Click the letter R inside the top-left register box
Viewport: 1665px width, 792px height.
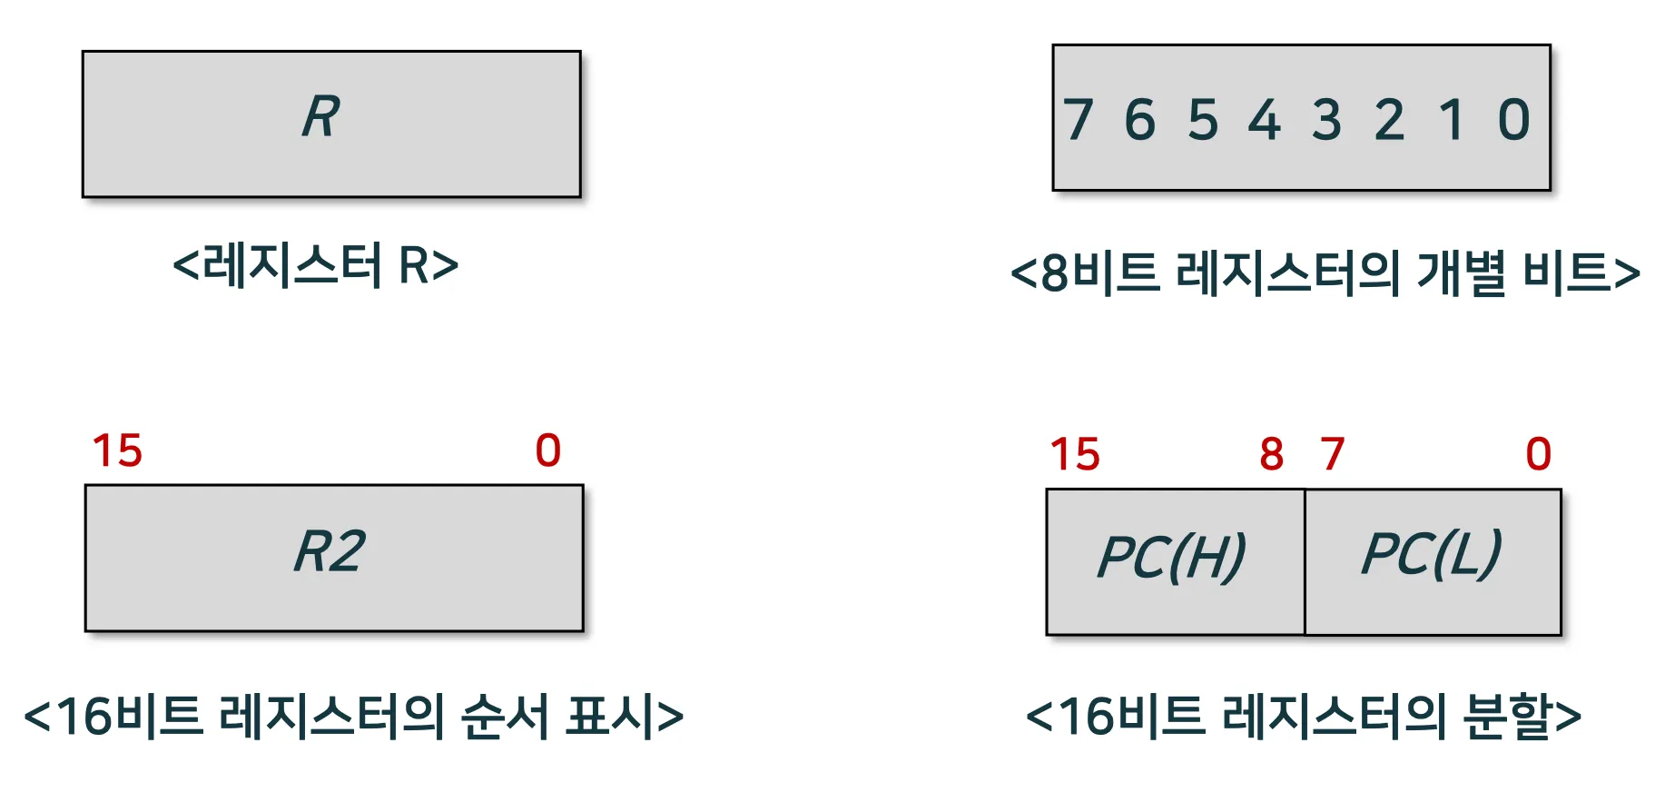[321, 117]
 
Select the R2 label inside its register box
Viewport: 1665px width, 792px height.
[330, 552]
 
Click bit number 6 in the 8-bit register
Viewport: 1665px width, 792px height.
[1140, 120]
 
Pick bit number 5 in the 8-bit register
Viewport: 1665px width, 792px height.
[1203, 120]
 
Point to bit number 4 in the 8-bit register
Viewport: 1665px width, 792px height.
[1265, 120]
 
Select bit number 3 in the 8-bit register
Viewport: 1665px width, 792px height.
[1326, 120]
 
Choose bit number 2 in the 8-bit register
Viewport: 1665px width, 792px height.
[1389, 120]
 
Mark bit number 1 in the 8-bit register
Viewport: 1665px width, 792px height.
[1452, 120]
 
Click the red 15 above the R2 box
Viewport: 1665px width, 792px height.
[117, 450]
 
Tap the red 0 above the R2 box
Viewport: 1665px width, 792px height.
[548, 450]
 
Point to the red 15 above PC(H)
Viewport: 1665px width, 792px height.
[1075, 454]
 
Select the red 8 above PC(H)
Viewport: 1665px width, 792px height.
[1272, 454]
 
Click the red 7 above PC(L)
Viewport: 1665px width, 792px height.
[1332, 454]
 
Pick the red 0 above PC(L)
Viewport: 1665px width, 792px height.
[1539, 454]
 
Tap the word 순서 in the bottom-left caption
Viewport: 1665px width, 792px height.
[505, 717]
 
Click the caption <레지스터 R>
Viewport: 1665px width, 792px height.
[315, 266]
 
